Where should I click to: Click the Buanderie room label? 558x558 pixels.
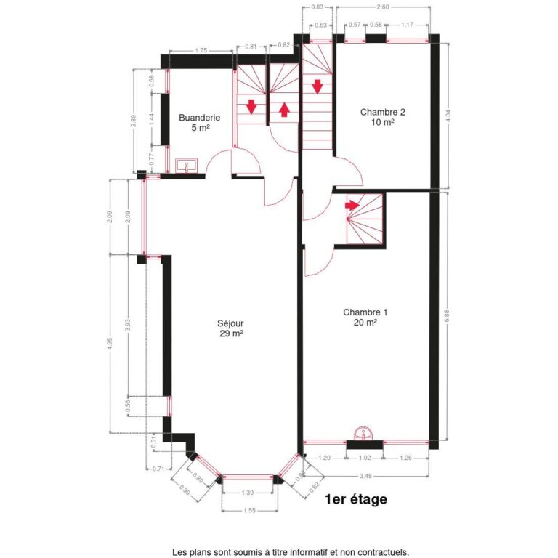(x=194, y=118)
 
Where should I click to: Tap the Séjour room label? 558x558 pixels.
(x=230, y=324)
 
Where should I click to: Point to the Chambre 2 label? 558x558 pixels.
(x=382, y=112)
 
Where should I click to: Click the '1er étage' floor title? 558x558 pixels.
(x=357, y=499)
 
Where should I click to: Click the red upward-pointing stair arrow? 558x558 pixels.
(x=284, y=109)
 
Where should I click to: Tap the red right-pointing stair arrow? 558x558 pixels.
(x=352, y=205)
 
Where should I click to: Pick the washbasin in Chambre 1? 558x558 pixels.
(x=364, y=434)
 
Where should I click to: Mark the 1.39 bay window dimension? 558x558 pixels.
(x=248, y=493)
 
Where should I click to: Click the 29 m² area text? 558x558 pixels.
(x=230, y=334)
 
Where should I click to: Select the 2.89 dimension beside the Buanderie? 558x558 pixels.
(x=133, y=121)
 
